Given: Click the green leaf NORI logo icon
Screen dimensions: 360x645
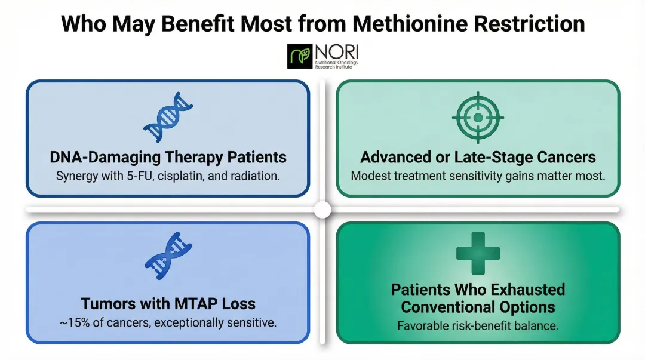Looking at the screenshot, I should (x=300, y=56).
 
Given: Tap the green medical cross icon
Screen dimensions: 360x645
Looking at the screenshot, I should (x=478, y=251).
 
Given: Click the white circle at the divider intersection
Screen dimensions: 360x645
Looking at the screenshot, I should (x=322, y=210).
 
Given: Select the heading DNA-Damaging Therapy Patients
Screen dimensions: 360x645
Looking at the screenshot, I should (x=168, y=158).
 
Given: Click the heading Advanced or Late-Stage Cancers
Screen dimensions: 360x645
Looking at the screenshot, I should (x=478, y=158).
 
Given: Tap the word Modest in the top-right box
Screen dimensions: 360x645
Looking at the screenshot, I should (x=370, y=176).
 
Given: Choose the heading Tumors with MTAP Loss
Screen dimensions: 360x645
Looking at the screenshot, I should (x=168, y=303).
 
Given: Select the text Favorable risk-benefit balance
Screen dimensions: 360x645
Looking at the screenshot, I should (x=478, y=326).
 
